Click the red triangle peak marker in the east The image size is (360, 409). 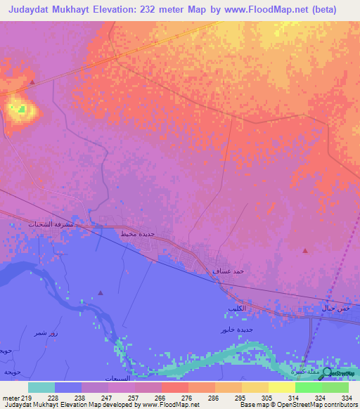(x=304, y=250)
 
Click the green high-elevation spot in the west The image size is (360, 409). (x=22, y=109)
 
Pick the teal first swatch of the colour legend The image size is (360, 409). (x=41, y=388)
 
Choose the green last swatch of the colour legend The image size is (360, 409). (x=335, y=388)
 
